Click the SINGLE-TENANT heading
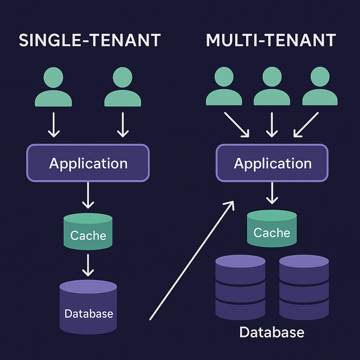coord(90,40)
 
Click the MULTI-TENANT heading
coord(271,40)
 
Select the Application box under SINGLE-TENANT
coord(88,163)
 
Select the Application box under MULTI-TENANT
coord(272,163)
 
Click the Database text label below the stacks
coord(272,332)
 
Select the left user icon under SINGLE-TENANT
coord(53,88)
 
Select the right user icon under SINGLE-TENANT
coord(123,88)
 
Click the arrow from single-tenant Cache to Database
coord(88,265)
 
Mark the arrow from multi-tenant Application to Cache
coord(272,193)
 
